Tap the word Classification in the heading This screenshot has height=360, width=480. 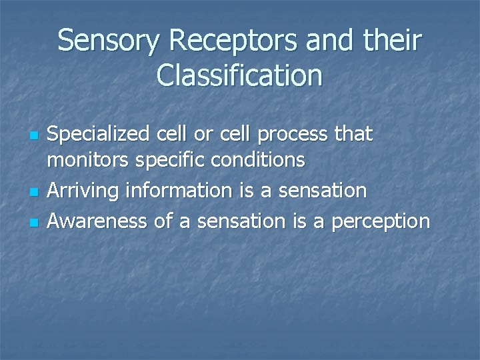pos(240,75)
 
